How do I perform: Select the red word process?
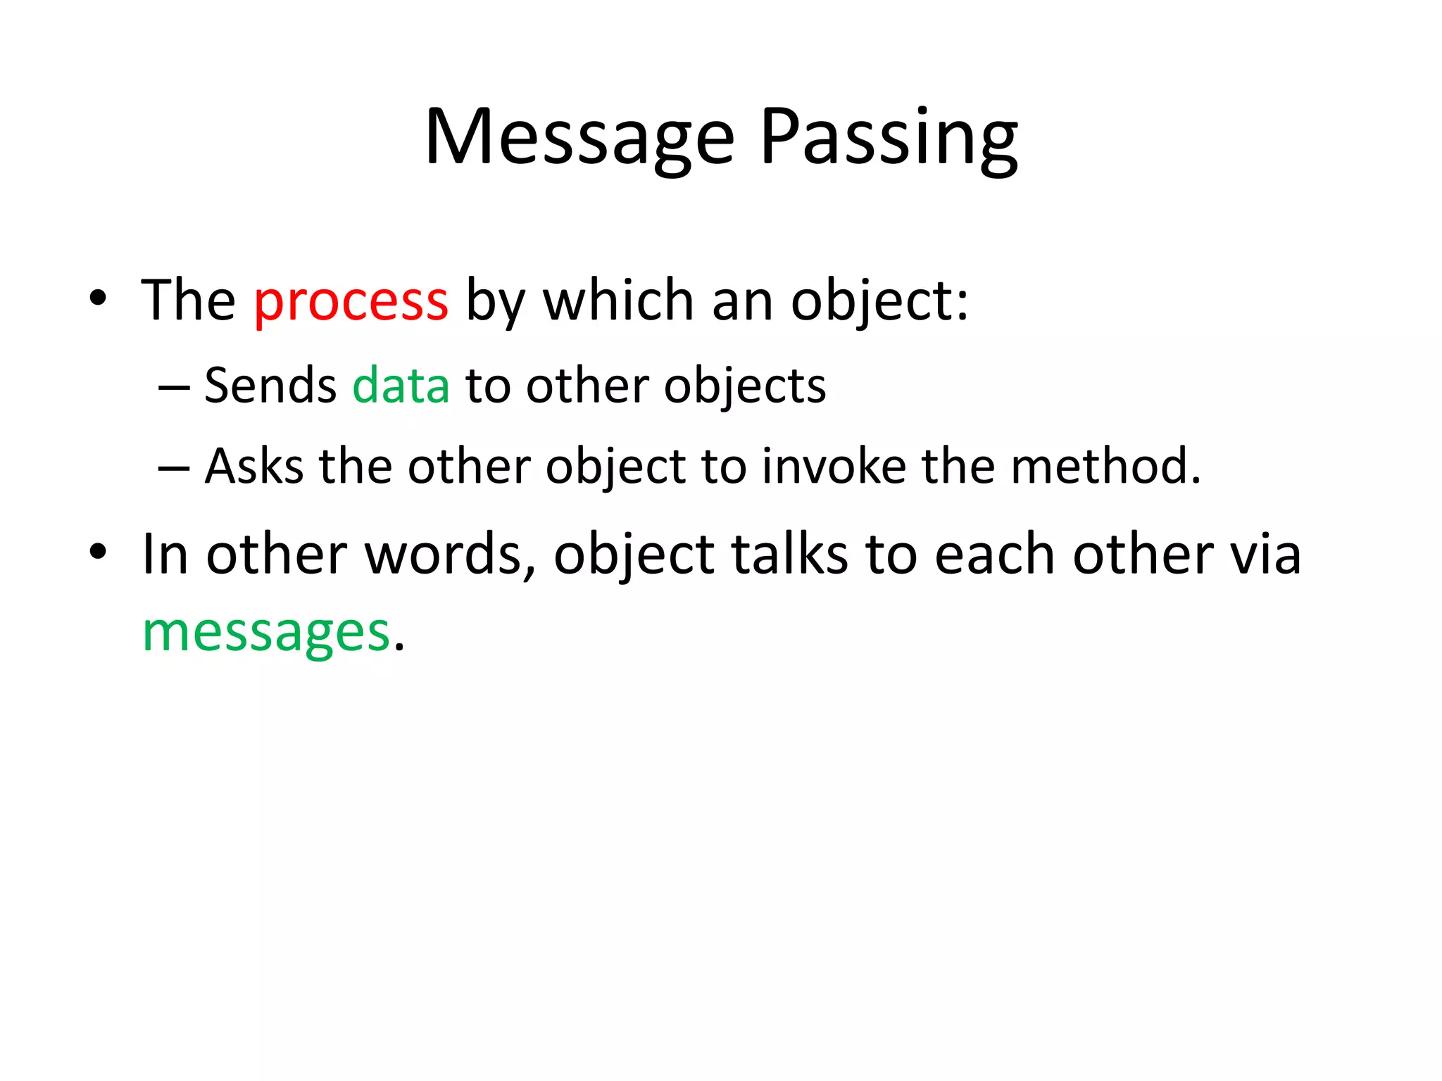(351, 301)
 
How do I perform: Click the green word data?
(401, 386)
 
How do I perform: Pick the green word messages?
(266, 632)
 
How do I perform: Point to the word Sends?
(270, 386)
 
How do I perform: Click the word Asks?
(254, 467)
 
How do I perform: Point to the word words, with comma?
(451, 555)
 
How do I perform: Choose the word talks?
(789, 555)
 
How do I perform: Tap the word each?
(994, 555)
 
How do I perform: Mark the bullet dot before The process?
(98, 298)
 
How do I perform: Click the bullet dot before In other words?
(98, 552)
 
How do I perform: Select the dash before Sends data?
(174, 388)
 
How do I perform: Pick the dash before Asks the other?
(174, 468)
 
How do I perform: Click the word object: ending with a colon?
(879, 301)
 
